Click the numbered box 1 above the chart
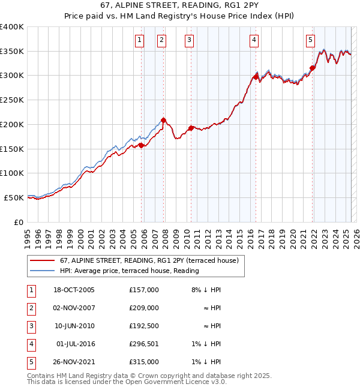click(x=139, y=40)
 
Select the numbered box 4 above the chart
click(x=254, y=40)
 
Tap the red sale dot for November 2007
click(x=163, y=120)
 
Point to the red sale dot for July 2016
click(x=256, y=77)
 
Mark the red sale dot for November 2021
click(x=313, y=68)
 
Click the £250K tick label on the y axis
click(x=12, y=100)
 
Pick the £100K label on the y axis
click(x=12, y=173)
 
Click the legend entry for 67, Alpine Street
click(x=149, y=260)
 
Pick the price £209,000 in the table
click(x=144, y=308)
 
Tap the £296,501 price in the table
click(x=144, y=344)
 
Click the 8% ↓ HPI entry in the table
click(x=206, y=290)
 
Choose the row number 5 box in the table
click(x=30, y=362)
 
